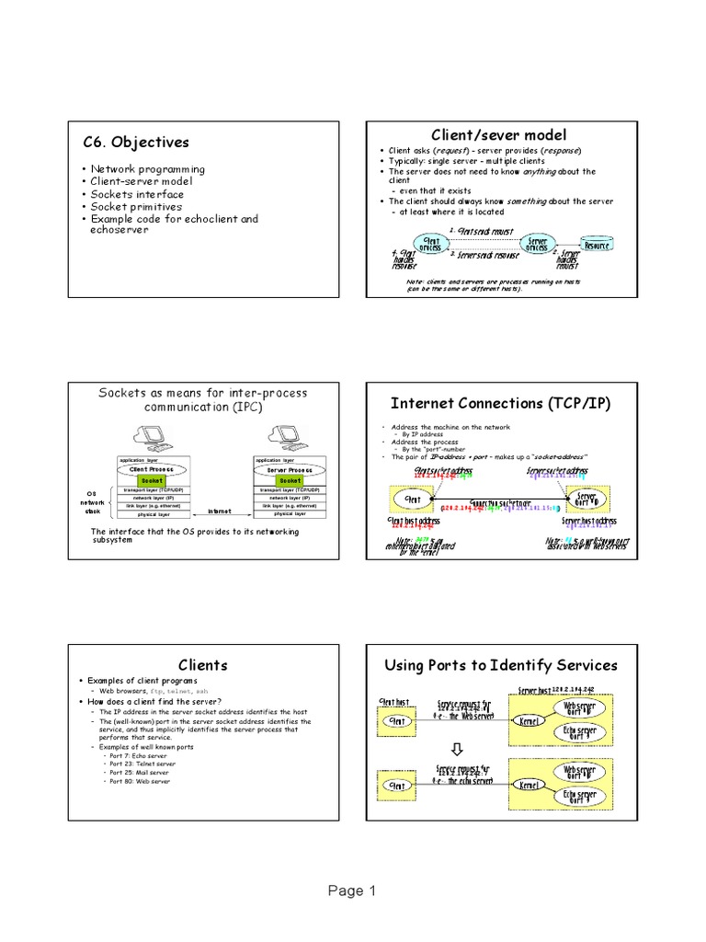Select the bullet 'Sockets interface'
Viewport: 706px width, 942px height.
137,194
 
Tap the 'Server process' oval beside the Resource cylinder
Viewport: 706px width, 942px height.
536,244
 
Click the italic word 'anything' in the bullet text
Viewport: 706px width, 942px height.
541,171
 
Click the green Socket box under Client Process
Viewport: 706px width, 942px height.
153,479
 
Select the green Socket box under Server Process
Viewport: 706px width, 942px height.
290,479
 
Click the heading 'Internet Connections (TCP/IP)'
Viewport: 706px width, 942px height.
500,403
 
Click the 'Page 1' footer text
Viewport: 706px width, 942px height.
352,890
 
